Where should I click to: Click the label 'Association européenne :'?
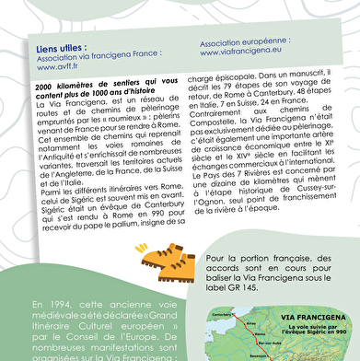pyautogui.click(x=245, y=42)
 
